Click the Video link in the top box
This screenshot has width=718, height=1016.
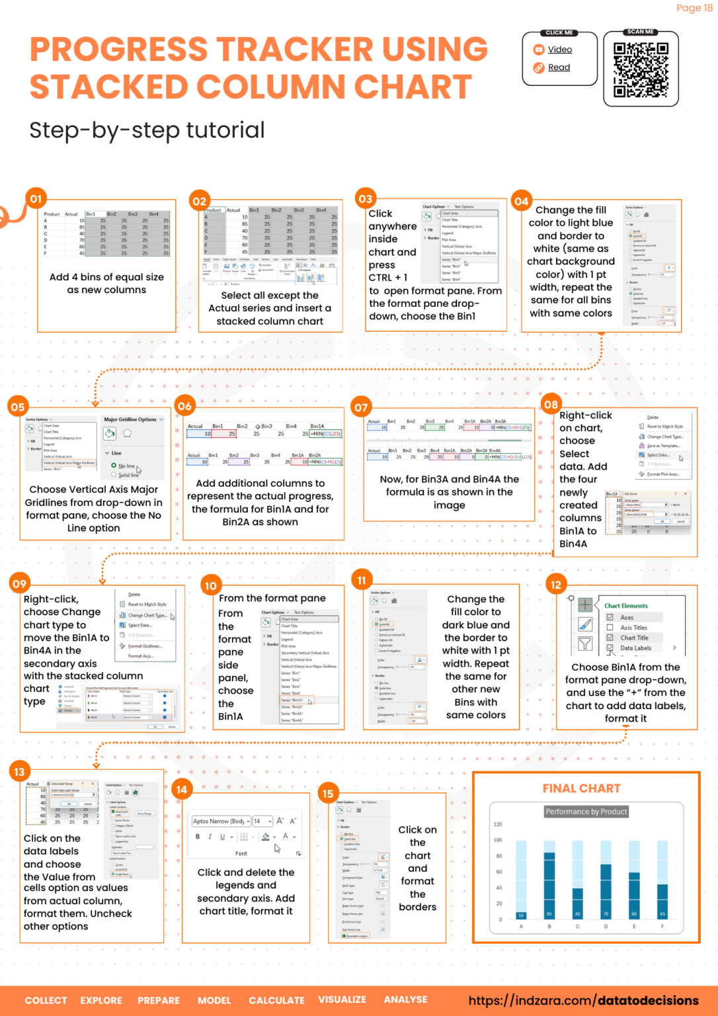point(559,50)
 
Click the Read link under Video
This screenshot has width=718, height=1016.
point(559,67)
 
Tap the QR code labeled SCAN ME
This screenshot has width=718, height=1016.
point(641,70)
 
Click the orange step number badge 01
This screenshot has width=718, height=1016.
point(36,198)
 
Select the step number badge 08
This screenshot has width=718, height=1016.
point(551,404)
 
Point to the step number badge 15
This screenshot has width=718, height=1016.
point(328,793)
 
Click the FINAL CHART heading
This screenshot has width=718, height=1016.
point(581,788)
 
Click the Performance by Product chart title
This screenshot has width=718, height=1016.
point(586,812)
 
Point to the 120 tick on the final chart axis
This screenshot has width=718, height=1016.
point(498,824)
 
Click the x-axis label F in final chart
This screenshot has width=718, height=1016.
point(662,927)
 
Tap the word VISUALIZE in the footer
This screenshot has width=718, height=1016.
point(342,999)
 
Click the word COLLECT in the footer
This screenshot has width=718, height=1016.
point(46,1000)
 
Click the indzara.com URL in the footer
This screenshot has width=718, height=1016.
point(583,1001)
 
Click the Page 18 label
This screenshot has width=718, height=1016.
point(694,8)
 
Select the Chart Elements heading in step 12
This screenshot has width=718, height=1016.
point(625,606)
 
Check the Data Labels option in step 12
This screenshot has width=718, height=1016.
point(610,648)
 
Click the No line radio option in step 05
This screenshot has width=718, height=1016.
point(114,466)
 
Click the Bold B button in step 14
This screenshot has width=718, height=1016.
point(198,837)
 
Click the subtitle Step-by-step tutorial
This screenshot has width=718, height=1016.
point(147,130)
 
